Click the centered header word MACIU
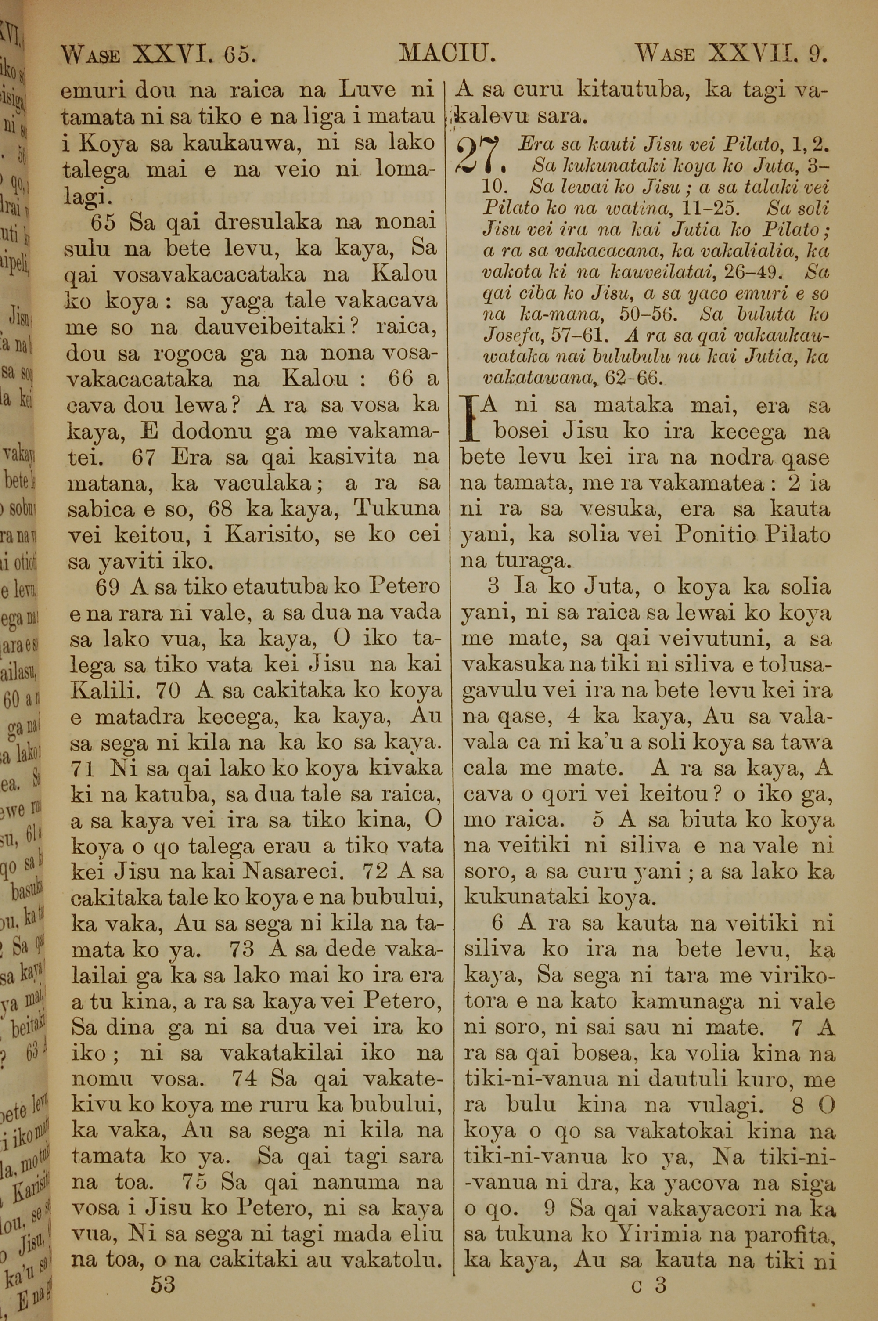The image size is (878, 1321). pyautogui.click(x=446, y=54)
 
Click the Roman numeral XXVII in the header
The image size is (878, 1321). pyautogui.click(x=748, y=54)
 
